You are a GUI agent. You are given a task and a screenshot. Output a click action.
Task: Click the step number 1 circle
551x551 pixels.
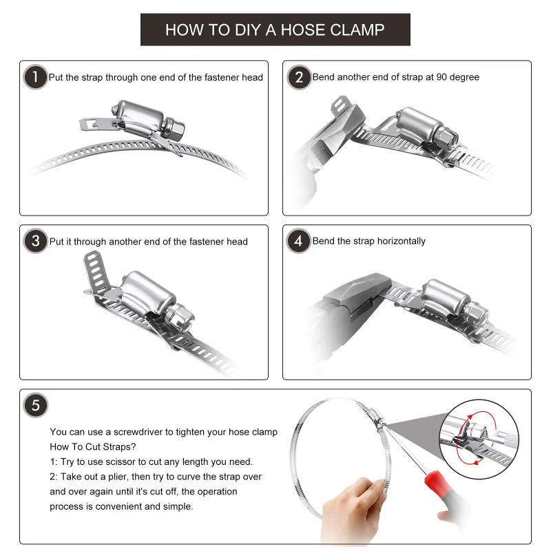tap(35, 76)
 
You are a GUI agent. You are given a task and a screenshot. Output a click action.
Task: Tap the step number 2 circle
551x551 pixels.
tap(299, 76)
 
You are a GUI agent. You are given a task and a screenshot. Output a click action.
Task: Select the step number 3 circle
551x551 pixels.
tap(35, 241)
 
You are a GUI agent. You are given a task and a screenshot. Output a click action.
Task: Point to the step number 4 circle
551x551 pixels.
tap(299, 241)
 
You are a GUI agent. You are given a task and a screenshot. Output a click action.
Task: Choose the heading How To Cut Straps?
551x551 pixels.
tap(92, 446)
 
